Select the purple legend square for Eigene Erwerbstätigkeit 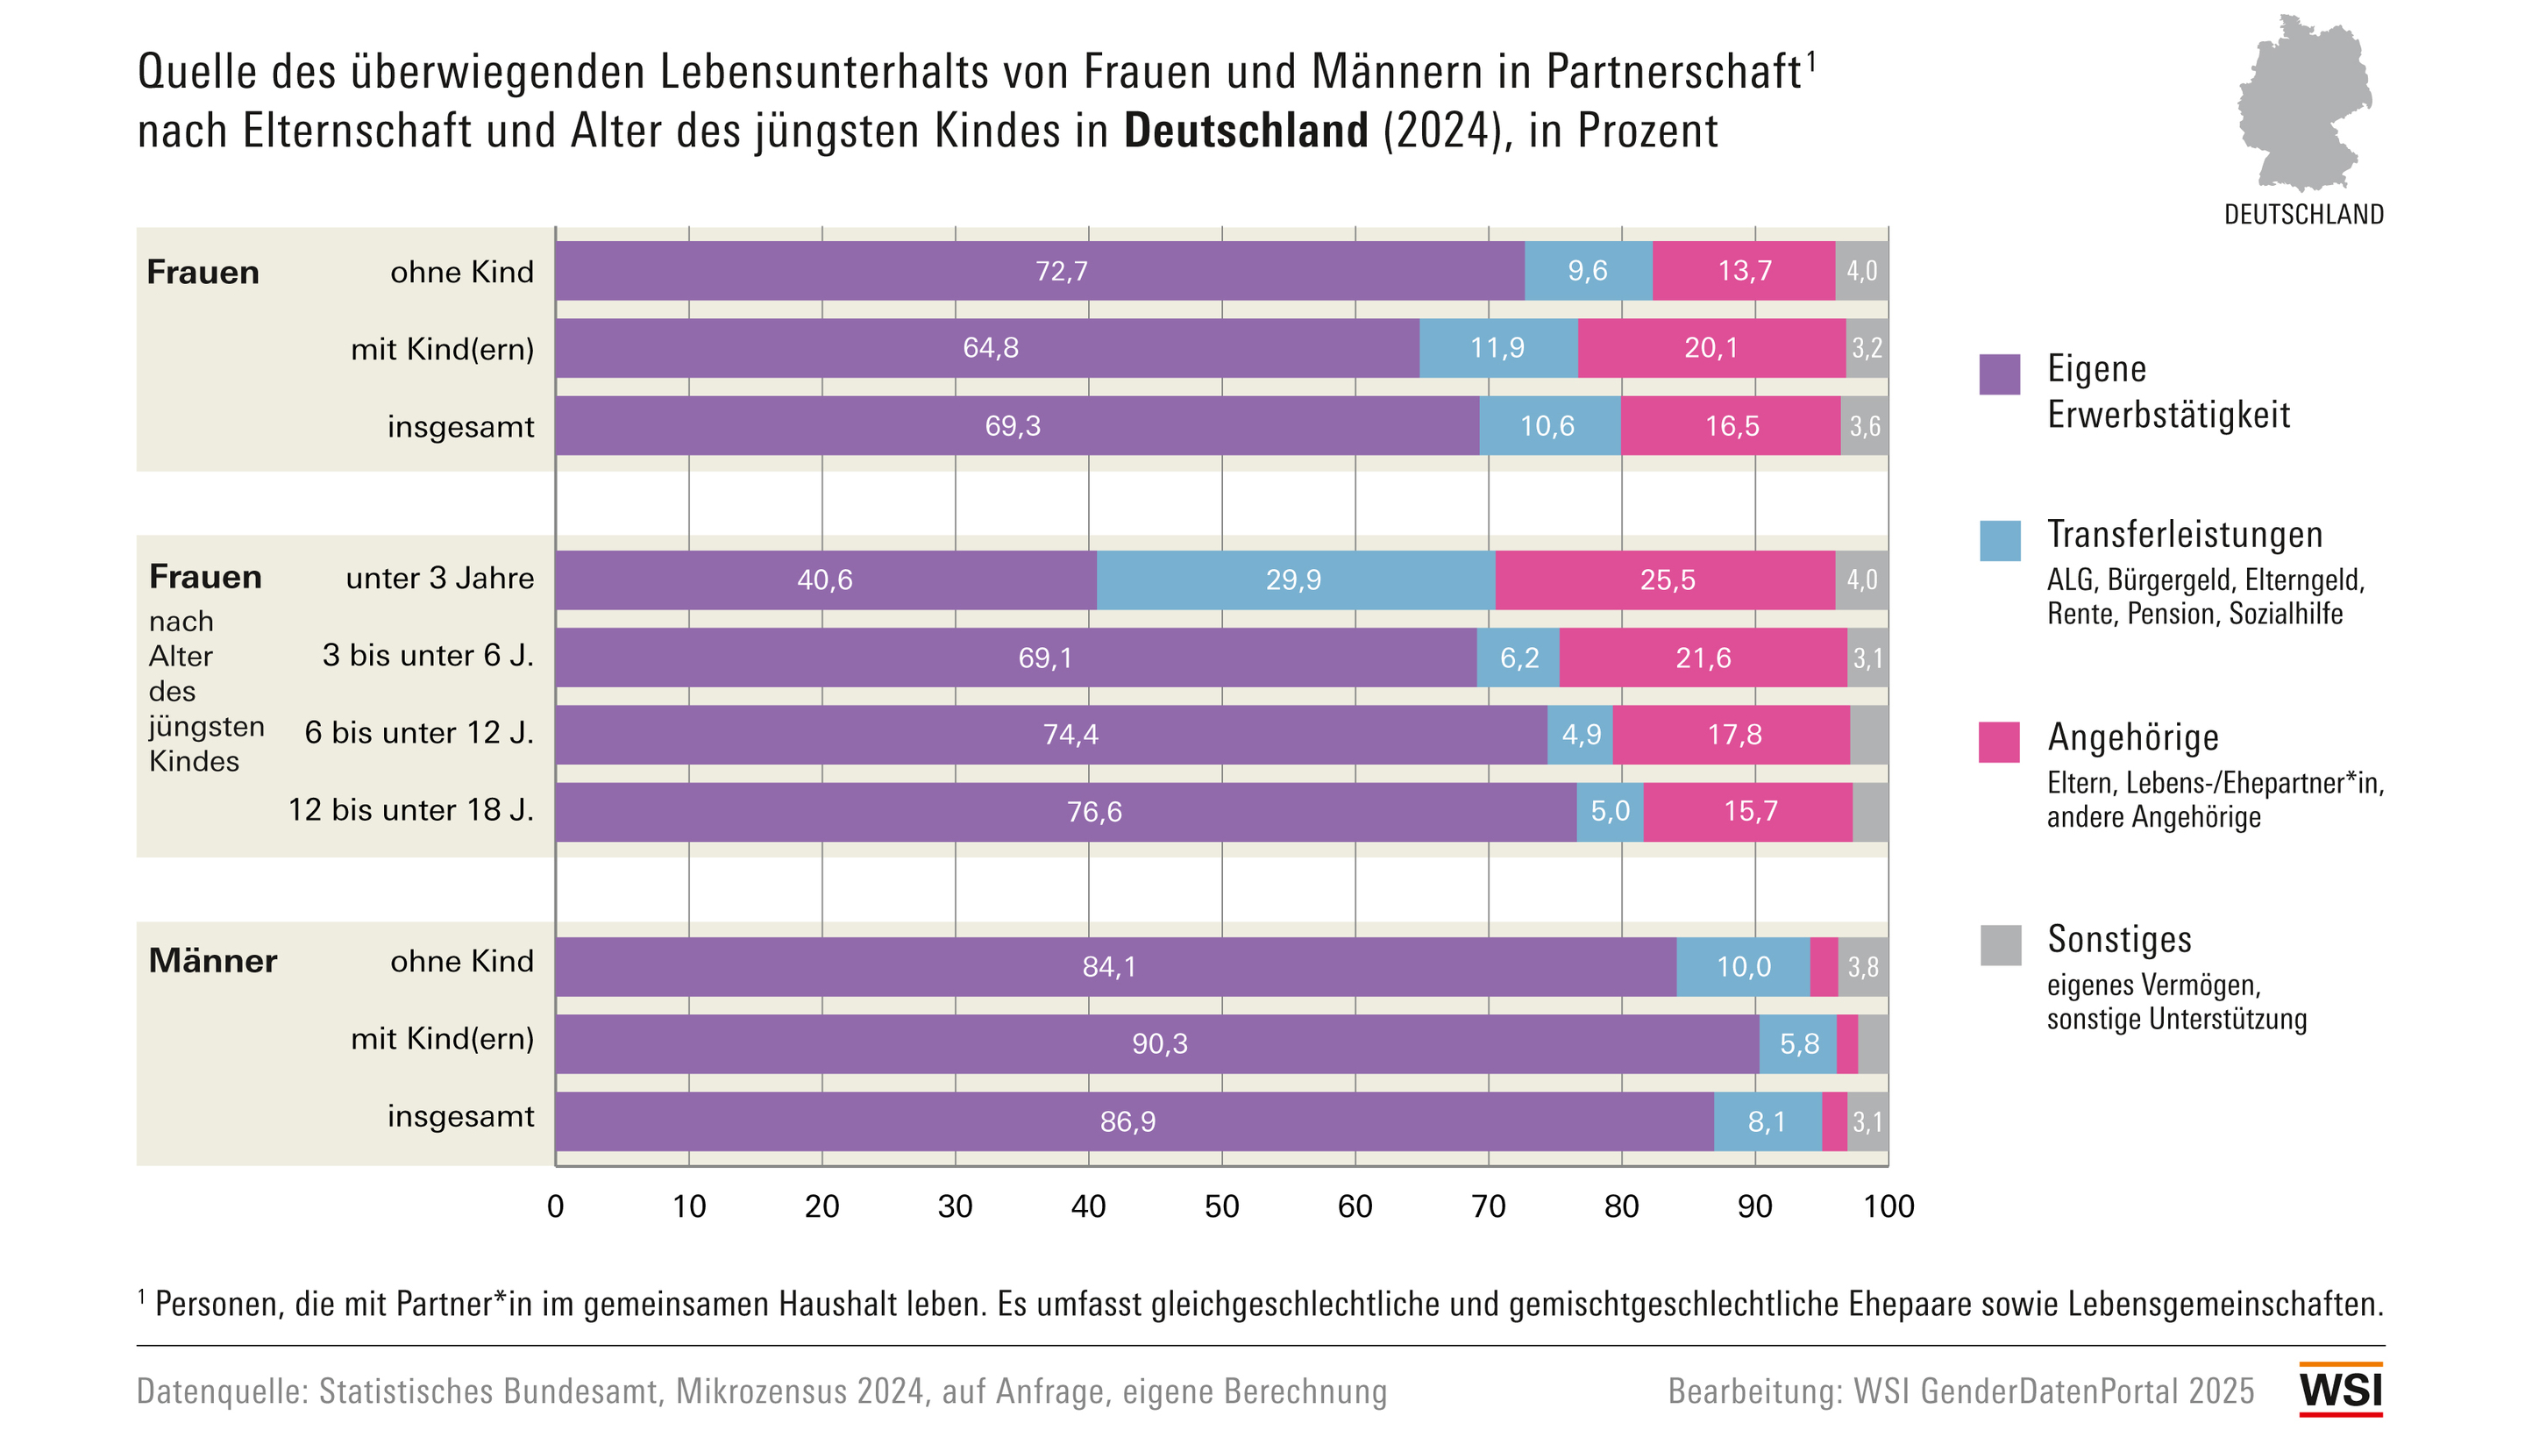point(1999,374)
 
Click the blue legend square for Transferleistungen point(1999,541)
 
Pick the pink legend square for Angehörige point(1999,743)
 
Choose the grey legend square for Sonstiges point(1999,944)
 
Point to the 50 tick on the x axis point(1221,1206)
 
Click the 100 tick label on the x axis point(1888,1206)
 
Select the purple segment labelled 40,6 point(825,580)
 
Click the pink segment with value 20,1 point(1711,348)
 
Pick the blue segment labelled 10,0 point(1743,967)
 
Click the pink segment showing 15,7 point(1748,812)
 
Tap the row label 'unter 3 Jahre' point(439,579)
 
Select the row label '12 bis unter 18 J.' point(410,810)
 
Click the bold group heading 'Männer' point(213,961)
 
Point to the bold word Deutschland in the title point(1246,132)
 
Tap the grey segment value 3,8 point(1863,967)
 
